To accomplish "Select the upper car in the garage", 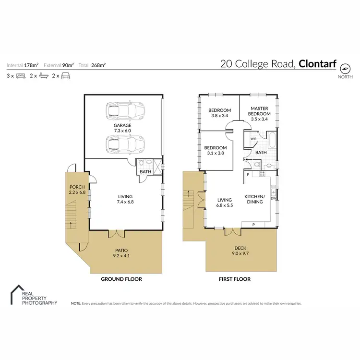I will click(125, 111).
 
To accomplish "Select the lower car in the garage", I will click(125, 143).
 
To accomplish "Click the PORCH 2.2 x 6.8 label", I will click(77, 190).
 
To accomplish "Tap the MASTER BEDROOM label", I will click(259, 113).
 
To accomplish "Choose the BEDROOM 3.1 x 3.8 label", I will click(215, 150).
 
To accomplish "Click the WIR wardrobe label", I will click(253, 139).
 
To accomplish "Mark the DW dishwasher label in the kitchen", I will click(274, 198).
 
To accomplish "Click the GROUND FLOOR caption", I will click(121, 279).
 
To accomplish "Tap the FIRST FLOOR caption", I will click(234, 279).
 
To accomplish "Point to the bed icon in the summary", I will click(21, 76).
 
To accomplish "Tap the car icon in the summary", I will click(66, 76).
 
